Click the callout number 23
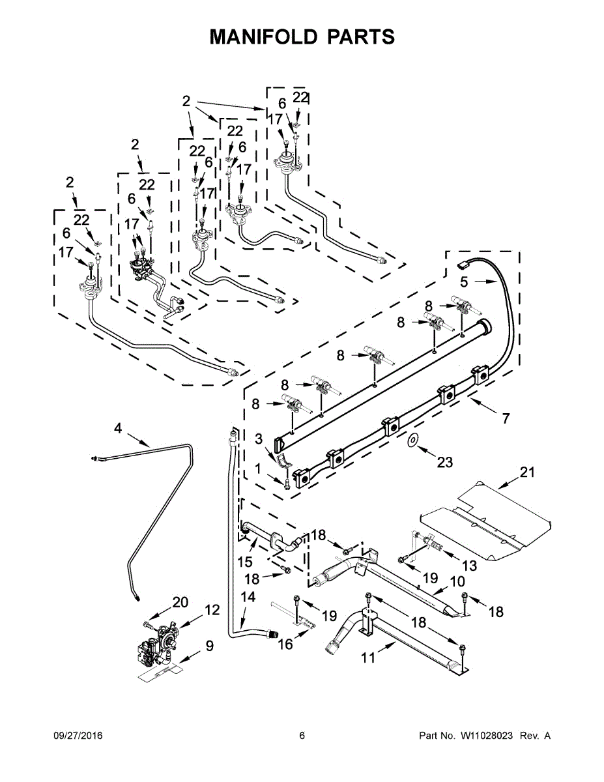point(444,462)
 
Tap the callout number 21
point(526,472)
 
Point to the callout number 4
point(118,428)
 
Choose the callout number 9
point(209,646)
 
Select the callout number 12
point(212,609)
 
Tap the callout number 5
point(464,282)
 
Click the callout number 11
point(369,658)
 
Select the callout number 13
point(470,566)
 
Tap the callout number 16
point(285,644)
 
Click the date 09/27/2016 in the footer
point(78,736)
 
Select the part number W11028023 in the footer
point(485,736)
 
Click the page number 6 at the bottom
point(302,736)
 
